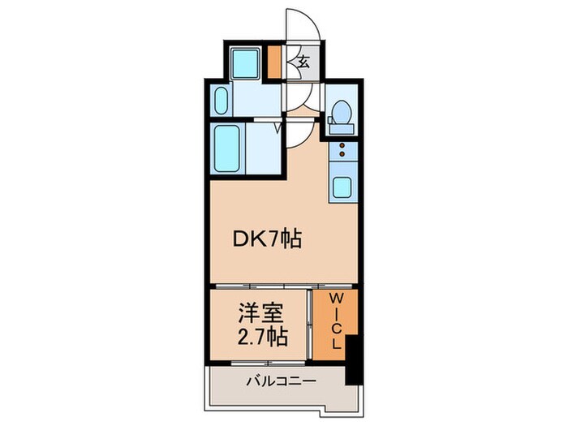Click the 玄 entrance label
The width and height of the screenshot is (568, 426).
click(303, 62)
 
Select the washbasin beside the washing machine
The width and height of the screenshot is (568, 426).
click(222, 103)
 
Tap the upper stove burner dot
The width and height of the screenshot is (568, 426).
click(342, 145)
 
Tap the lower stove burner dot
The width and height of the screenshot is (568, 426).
click(342, 154)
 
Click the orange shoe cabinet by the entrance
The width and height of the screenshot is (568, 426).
click(275, 62)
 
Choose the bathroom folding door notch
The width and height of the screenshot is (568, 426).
click(278, 127)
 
